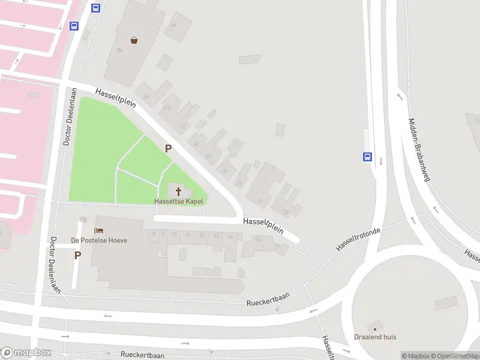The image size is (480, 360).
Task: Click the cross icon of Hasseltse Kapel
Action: tap(178, 191)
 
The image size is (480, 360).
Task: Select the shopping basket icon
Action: tap(134, 40)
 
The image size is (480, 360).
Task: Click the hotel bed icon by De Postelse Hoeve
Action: tap(99, 230)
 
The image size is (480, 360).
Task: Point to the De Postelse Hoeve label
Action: tap(99, 240)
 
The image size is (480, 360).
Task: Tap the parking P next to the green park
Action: tap(169, 148)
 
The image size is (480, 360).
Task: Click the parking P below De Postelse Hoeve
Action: tap(77, 255)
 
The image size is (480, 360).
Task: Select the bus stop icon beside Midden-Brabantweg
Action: tap(367, 157)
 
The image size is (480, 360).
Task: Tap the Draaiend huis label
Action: tap(375, 337)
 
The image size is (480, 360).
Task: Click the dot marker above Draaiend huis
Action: tap(375, 329)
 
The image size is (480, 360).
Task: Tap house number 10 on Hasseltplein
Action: tap(175, 235)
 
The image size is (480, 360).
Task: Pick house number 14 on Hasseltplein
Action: tap(230, 237)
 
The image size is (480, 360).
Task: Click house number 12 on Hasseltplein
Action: tap(202, 236)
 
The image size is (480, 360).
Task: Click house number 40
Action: tap(196, 144)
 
